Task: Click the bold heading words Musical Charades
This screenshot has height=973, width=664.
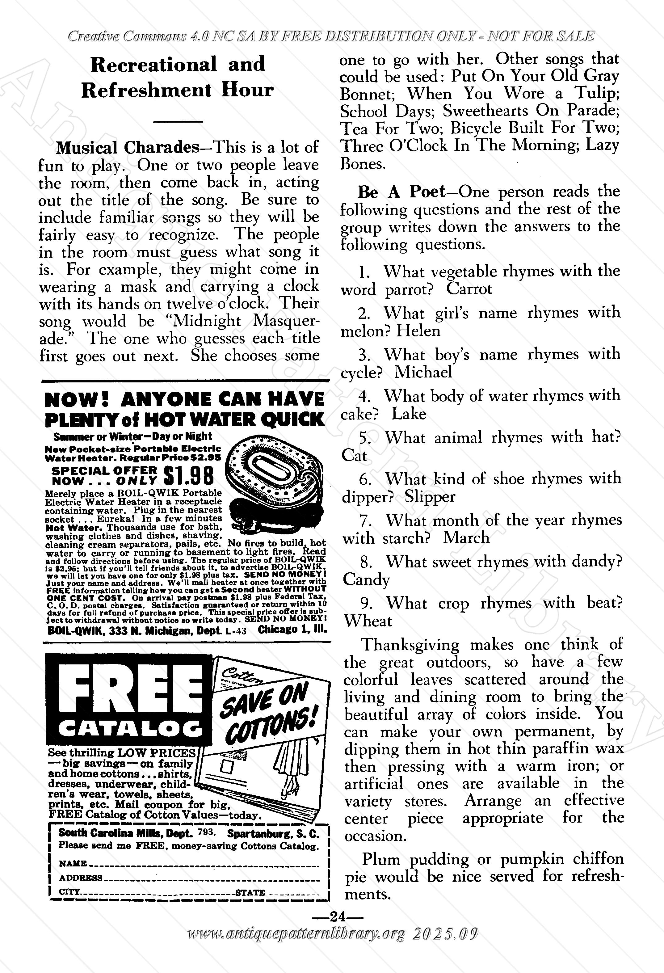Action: pos(127,148)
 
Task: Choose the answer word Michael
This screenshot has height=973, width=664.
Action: pos(423,372)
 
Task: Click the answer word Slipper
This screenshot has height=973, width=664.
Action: pos(430,497)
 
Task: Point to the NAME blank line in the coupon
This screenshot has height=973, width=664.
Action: pos(205,863)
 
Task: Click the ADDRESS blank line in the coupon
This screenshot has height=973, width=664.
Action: pos(213,878)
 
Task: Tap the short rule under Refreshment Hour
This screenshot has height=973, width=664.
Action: pos(178,121)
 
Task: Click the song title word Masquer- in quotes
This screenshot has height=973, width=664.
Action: pos(286,321)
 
